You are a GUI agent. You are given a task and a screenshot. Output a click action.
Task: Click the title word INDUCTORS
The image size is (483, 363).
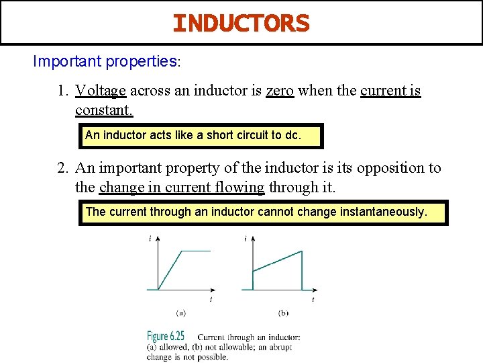click(x=241, y=24)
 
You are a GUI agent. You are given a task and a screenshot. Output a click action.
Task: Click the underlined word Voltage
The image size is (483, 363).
click(x=101, y=91)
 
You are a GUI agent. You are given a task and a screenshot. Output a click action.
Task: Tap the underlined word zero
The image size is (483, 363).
click(x=280, y=91)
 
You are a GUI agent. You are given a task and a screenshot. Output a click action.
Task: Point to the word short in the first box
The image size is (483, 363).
click(x=219, y=135)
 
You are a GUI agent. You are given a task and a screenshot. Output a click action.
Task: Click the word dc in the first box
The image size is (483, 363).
click(x=292, y=135)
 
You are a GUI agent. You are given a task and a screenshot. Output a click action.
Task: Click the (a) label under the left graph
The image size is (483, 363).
click(x=180, y=313)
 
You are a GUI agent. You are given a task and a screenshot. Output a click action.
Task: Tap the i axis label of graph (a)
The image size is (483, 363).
click(x=150, y=239)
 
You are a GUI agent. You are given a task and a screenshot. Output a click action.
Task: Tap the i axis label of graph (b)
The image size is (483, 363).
click(x=246, y=239)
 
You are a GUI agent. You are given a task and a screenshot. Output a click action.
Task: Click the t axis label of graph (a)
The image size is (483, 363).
click(x=211, y=298)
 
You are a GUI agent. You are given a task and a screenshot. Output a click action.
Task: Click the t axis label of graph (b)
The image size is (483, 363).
click(x=313, y=298)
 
